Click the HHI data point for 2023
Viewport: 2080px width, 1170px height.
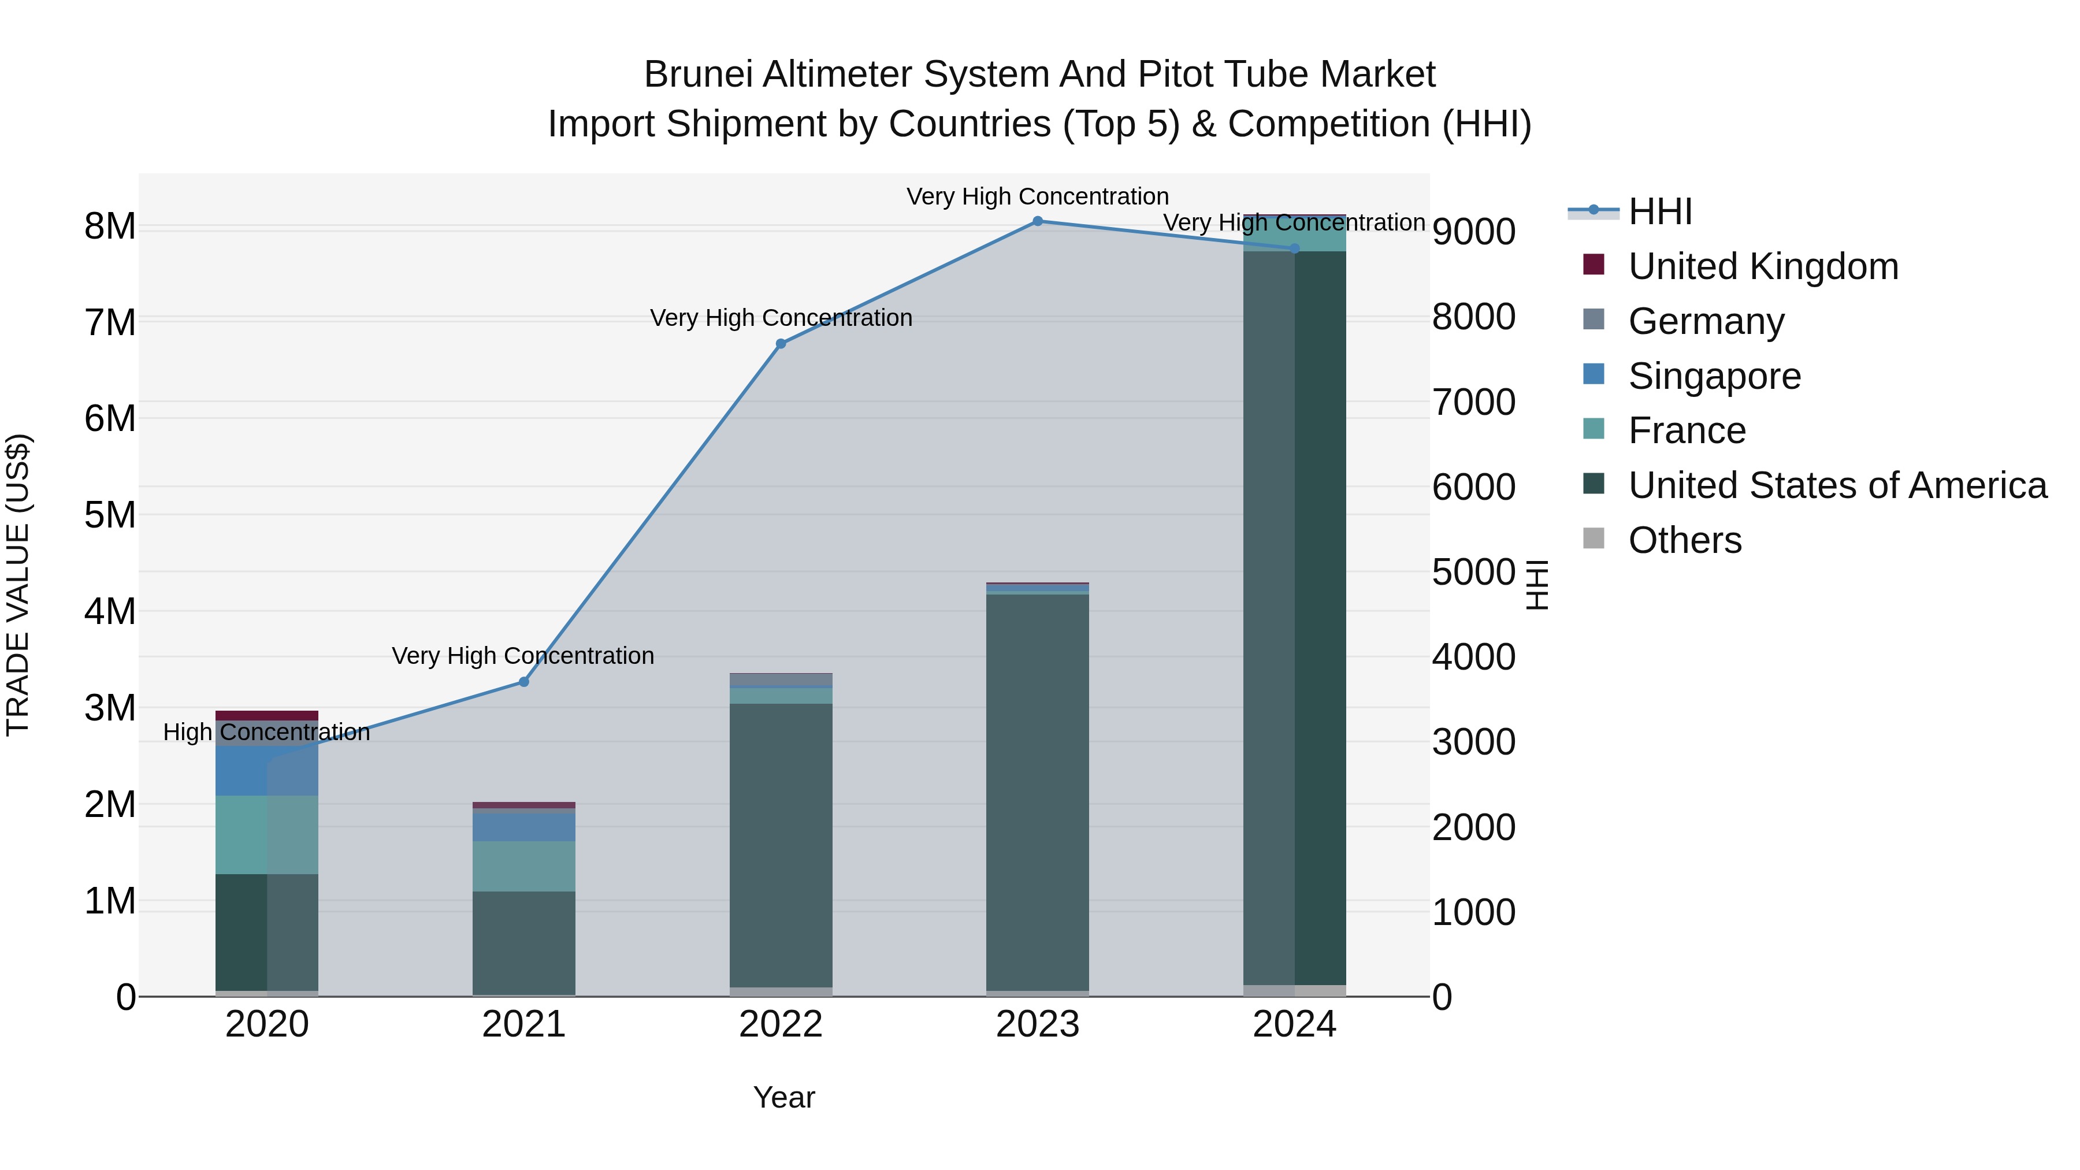pos(1038,221)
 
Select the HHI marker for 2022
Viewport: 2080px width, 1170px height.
pos(781,344)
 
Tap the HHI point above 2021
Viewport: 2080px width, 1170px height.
pos(523,682)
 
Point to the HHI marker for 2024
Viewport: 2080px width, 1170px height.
pos(1294,248)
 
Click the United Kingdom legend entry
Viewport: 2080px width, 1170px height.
pos(1763,266)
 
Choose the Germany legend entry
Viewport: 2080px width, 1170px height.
pos(1706,321)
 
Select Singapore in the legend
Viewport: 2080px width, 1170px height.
pos(1714,376)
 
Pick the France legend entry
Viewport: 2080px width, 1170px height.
pos(1687,430)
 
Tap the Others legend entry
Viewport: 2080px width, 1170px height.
pos(1684,540)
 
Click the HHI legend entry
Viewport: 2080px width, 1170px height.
pos(1660,211)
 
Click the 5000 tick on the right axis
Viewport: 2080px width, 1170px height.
pos(1473,573)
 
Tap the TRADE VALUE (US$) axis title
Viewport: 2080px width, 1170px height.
pos(18,585)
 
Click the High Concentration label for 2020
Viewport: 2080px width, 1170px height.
pos(266,733)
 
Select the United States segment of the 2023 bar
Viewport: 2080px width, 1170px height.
pos(1038,792)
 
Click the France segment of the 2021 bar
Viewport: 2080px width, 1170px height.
pos(523,867)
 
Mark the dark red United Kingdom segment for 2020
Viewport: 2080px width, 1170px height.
pos(266,715)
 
